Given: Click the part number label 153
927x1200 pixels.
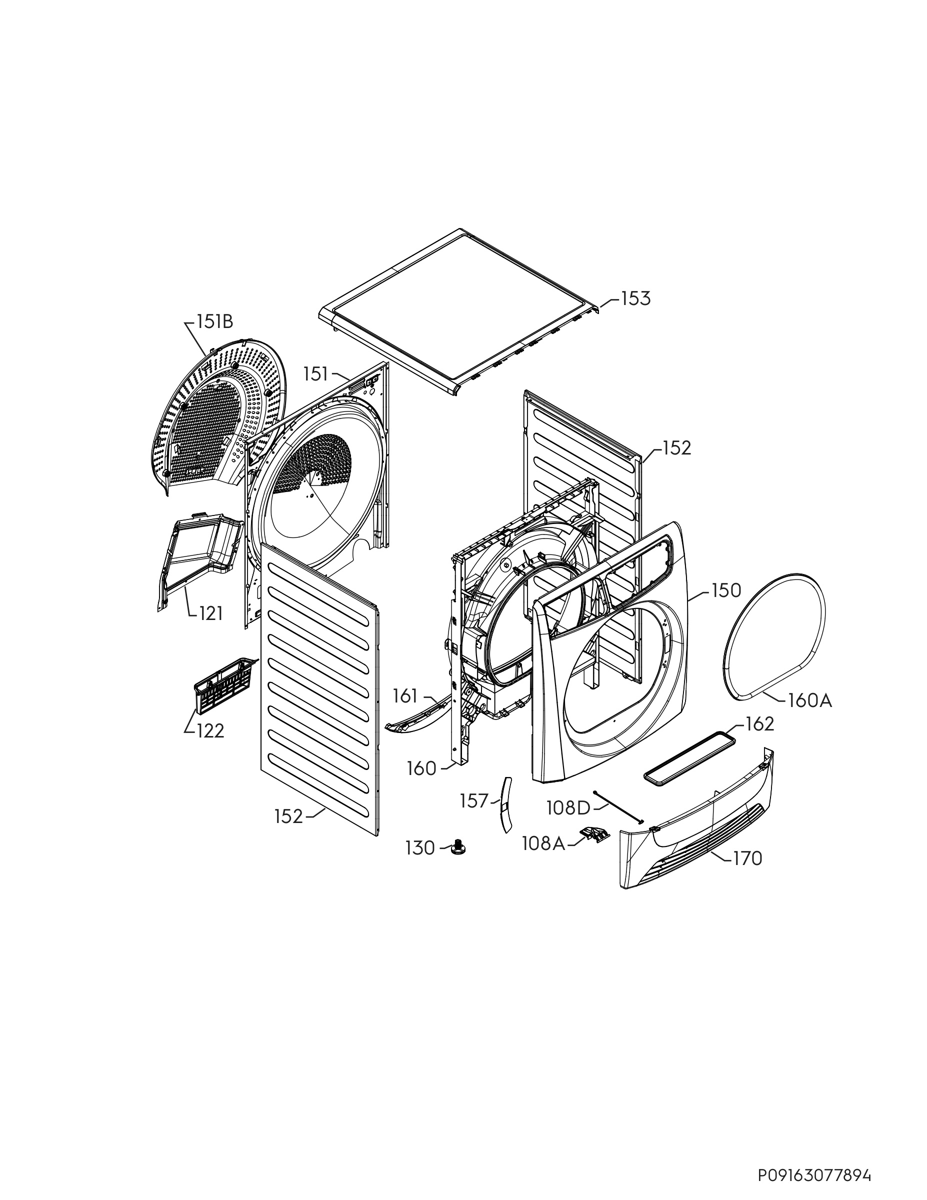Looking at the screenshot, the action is point(636,299).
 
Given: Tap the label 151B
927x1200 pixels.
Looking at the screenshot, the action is point(215,321).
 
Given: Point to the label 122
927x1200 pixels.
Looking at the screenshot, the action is point(210,731).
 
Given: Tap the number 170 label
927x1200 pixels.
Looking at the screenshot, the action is point(748,858).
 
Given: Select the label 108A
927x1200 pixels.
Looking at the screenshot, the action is point(543,844).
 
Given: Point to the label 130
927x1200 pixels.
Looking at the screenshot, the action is point(420,848).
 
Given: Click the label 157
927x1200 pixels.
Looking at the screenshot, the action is point(474,801).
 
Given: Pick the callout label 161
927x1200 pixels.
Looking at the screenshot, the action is point(405,696).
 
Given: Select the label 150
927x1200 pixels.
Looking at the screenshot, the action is point(726,591).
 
